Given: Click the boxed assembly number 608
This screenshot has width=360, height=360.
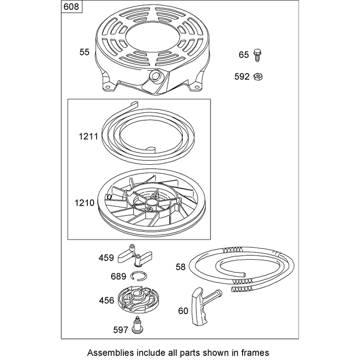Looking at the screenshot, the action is [72, 7].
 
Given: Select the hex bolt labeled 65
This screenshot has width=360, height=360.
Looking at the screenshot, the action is [257, 55].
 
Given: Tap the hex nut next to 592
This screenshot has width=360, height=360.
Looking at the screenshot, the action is [258, 76].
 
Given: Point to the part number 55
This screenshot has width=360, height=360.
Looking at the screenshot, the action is [84, 52].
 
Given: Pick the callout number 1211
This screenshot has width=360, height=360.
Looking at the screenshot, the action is [88, 137].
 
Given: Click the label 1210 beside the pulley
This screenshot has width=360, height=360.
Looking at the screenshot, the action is [85, 203].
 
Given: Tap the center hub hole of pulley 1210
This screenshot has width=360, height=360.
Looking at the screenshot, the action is [151, 202].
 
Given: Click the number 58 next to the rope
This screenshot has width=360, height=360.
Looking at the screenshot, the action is [180, 267].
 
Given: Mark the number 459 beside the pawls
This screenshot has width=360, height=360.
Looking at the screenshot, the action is [106, 258].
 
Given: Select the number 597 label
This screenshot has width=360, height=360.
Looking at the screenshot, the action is [121, 330].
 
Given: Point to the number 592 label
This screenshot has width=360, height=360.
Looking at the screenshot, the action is [242, 76].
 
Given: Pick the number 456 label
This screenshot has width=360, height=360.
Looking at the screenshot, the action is [107, 300].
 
